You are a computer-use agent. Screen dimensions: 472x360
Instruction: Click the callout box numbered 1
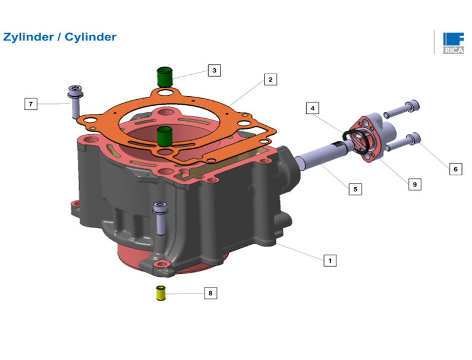(x=330, y=260)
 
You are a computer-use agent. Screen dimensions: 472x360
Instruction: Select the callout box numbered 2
(x=270, y=80)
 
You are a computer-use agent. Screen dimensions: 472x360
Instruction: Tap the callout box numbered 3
(x=215, y=70)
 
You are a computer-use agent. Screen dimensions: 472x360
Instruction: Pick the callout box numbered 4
(x=313, y=108)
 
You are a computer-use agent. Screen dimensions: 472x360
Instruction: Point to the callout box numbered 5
(x=355, y=189)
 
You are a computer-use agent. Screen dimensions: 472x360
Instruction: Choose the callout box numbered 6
(x=455, y=169)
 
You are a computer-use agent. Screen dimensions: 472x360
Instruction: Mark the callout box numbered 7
(x=31, y=104)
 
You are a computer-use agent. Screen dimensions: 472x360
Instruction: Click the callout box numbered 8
(x=210, y=293)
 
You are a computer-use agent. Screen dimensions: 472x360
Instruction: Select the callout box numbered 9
(x=415, y=184)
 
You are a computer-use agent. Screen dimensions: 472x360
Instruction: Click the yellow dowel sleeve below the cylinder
(x=161, y=293)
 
